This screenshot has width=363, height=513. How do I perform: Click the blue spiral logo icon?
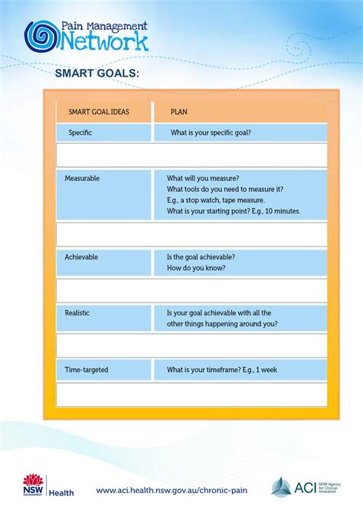click(40, 35)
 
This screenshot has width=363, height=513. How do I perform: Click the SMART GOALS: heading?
click(96, 73)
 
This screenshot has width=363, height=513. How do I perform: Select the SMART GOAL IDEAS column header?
click(99, 112)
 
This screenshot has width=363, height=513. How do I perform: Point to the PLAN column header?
click(179, 112)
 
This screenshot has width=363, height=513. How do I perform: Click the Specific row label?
click(80, 132)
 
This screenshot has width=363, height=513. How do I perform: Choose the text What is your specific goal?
click(211, 132)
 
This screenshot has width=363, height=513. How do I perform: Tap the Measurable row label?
click(82, 178)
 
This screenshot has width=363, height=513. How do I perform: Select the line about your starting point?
click(234, 211)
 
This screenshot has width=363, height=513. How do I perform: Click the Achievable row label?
click(81, 257)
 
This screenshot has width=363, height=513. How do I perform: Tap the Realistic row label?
click(79, 312)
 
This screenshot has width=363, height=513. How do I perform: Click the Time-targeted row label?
click(87, 370)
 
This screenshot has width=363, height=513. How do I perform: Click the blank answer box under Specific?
click(191, 155)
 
